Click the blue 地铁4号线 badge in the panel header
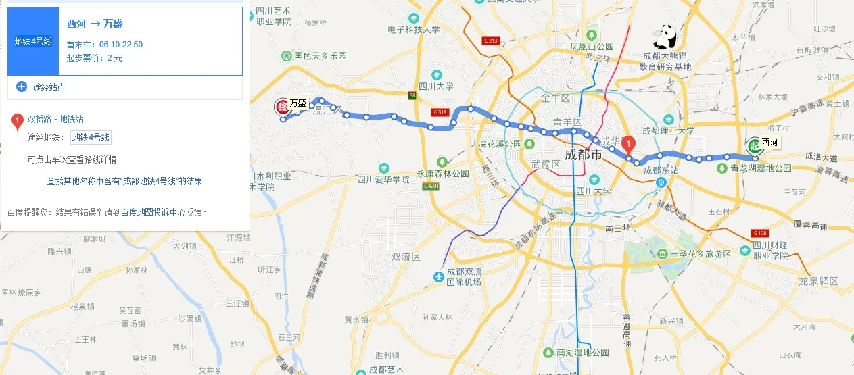[x=34, y=42]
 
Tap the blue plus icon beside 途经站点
[x=22, y=86]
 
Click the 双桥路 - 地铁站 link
[x=55, y=119]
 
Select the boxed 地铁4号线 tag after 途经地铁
[x=91, y=137]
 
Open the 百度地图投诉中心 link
[x=152, y=212]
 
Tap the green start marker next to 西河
[x=754, y=145]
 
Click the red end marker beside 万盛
[x=281, y=106]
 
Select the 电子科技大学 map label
[x=414, y=30]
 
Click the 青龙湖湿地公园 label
[x=760, y=168]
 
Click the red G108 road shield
[x=759, y=233]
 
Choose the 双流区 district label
[x=406, y=257]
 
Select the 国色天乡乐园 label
[x=320, y=56]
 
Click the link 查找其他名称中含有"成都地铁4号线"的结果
[x=124, y=181]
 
